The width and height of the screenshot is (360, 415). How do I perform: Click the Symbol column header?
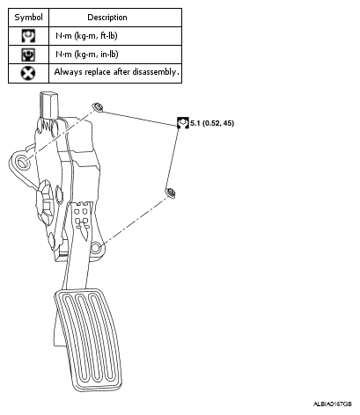[28, 18]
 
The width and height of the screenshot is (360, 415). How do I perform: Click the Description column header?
[107, 18]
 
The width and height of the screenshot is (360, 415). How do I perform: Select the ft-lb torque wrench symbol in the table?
[28, 36]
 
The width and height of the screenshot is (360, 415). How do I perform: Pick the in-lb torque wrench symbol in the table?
[28, 55]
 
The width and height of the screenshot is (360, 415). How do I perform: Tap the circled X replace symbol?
[28, 73]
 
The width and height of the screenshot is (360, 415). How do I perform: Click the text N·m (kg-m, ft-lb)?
[86, 36]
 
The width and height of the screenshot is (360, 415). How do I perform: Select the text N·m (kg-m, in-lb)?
[87, 55]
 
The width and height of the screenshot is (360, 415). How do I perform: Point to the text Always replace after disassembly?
[116, 72]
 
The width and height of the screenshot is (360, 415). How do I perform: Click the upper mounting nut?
[98, 107]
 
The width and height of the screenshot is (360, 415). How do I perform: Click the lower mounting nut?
[170, 193]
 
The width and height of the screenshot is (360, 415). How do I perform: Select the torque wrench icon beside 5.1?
[183, 123]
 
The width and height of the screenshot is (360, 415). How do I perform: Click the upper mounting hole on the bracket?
[21, 161]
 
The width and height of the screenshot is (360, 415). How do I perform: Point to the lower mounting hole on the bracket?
[95, 248]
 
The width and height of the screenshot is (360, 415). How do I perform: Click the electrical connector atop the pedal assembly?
[48, 106]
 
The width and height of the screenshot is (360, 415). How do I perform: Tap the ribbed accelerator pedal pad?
[88, 340]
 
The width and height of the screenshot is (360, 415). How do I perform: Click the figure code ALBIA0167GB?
[333, 404]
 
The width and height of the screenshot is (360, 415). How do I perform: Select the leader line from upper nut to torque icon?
[139, 119]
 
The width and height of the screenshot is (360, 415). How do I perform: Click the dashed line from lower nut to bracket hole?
[135, 221]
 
